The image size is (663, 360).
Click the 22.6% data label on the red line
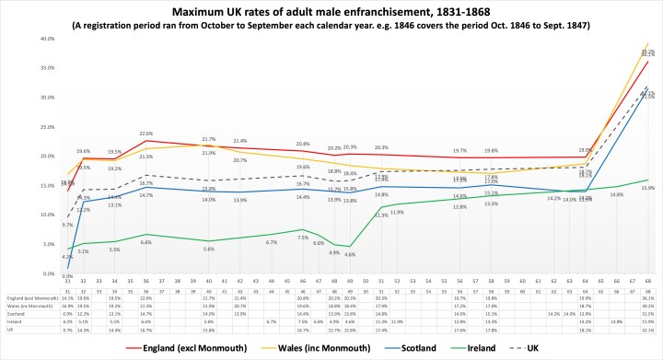click(x=145, y=134)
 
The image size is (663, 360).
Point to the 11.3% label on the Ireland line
click(x=381, y=215)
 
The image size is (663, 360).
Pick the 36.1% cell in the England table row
click(x=647, y=298)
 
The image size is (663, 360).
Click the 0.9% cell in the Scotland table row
click(x=67, y=313)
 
